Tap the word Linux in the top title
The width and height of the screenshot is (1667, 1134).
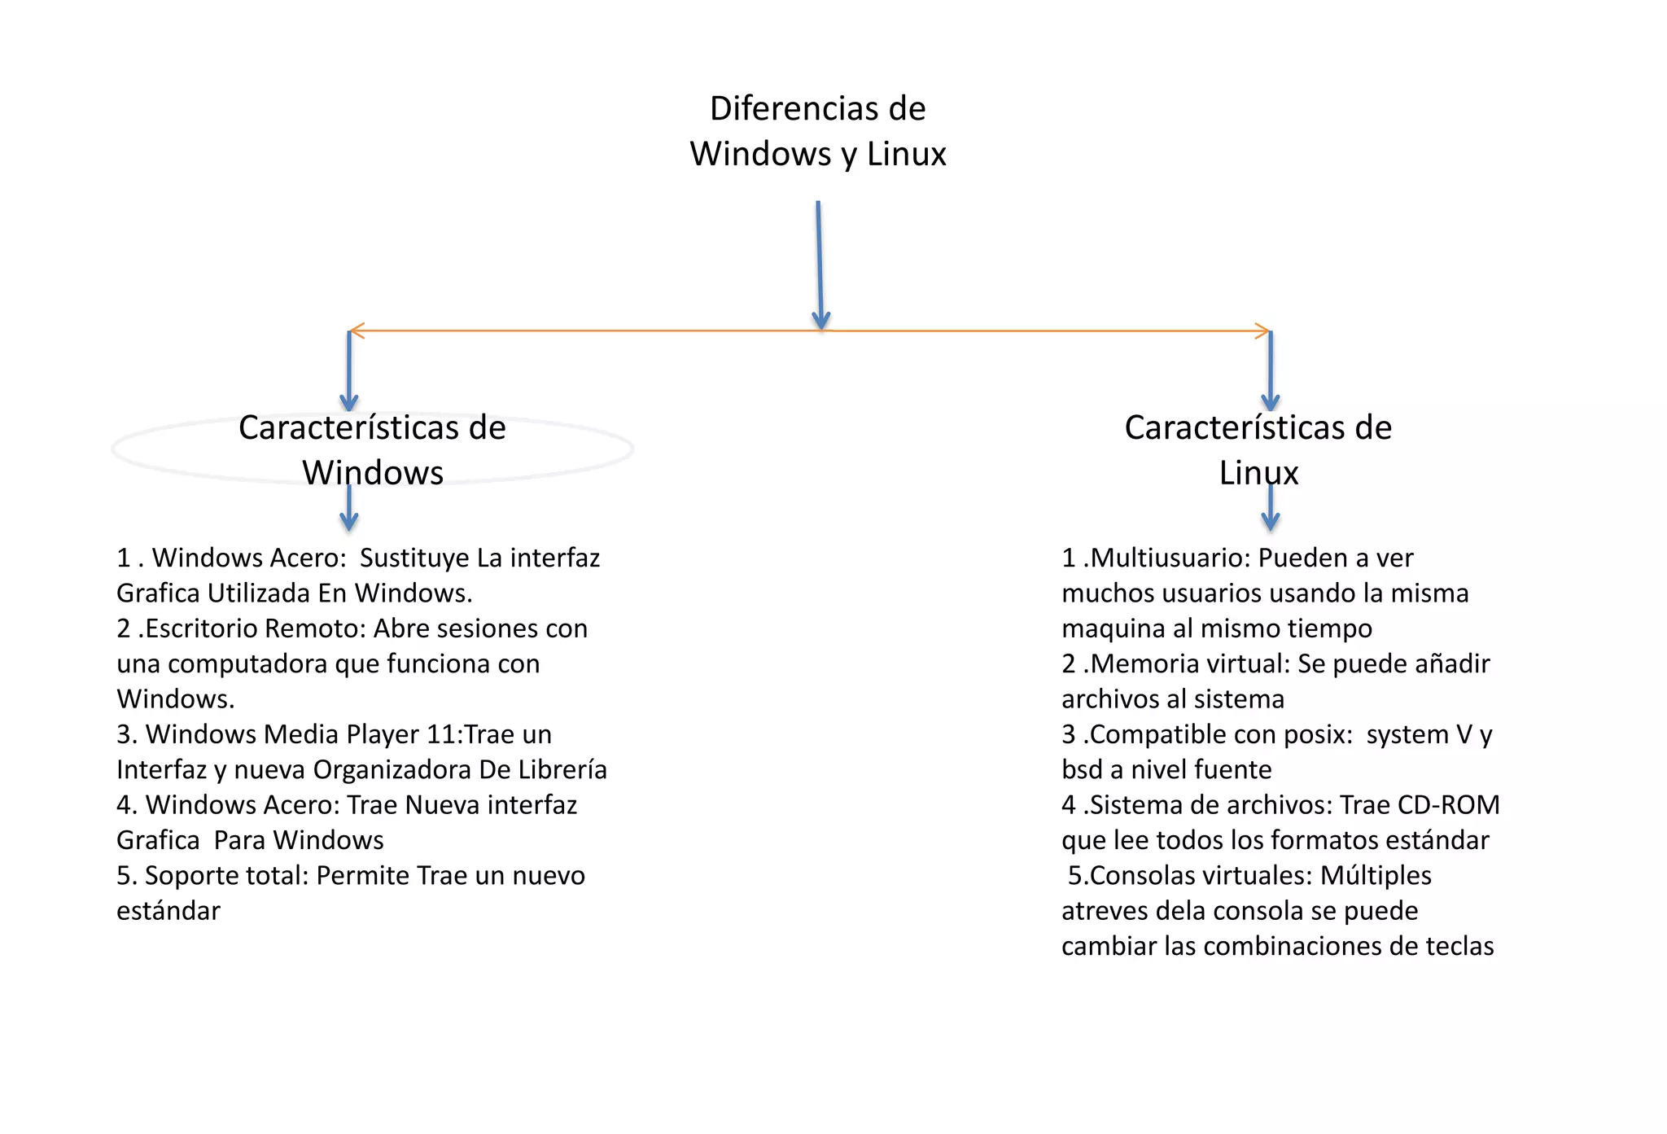point(906,154)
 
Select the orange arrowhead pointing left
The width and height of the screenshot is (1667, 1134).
point(356,331)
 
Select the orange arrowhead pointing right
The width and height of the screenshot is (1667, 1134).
point(1262,331)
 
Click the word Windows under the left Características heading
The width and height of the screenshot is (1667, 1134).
point(373,473)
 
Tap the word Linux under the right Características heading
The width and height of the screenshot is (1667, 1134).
point(1258,473)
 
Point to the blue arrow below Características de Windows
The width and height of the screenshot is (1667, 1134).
point(349,508)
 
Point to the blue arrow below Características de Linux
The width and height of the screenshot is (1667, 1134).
point(1271,508)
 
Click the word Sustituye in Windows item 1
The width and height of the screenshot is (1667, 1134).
point(414,558)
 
